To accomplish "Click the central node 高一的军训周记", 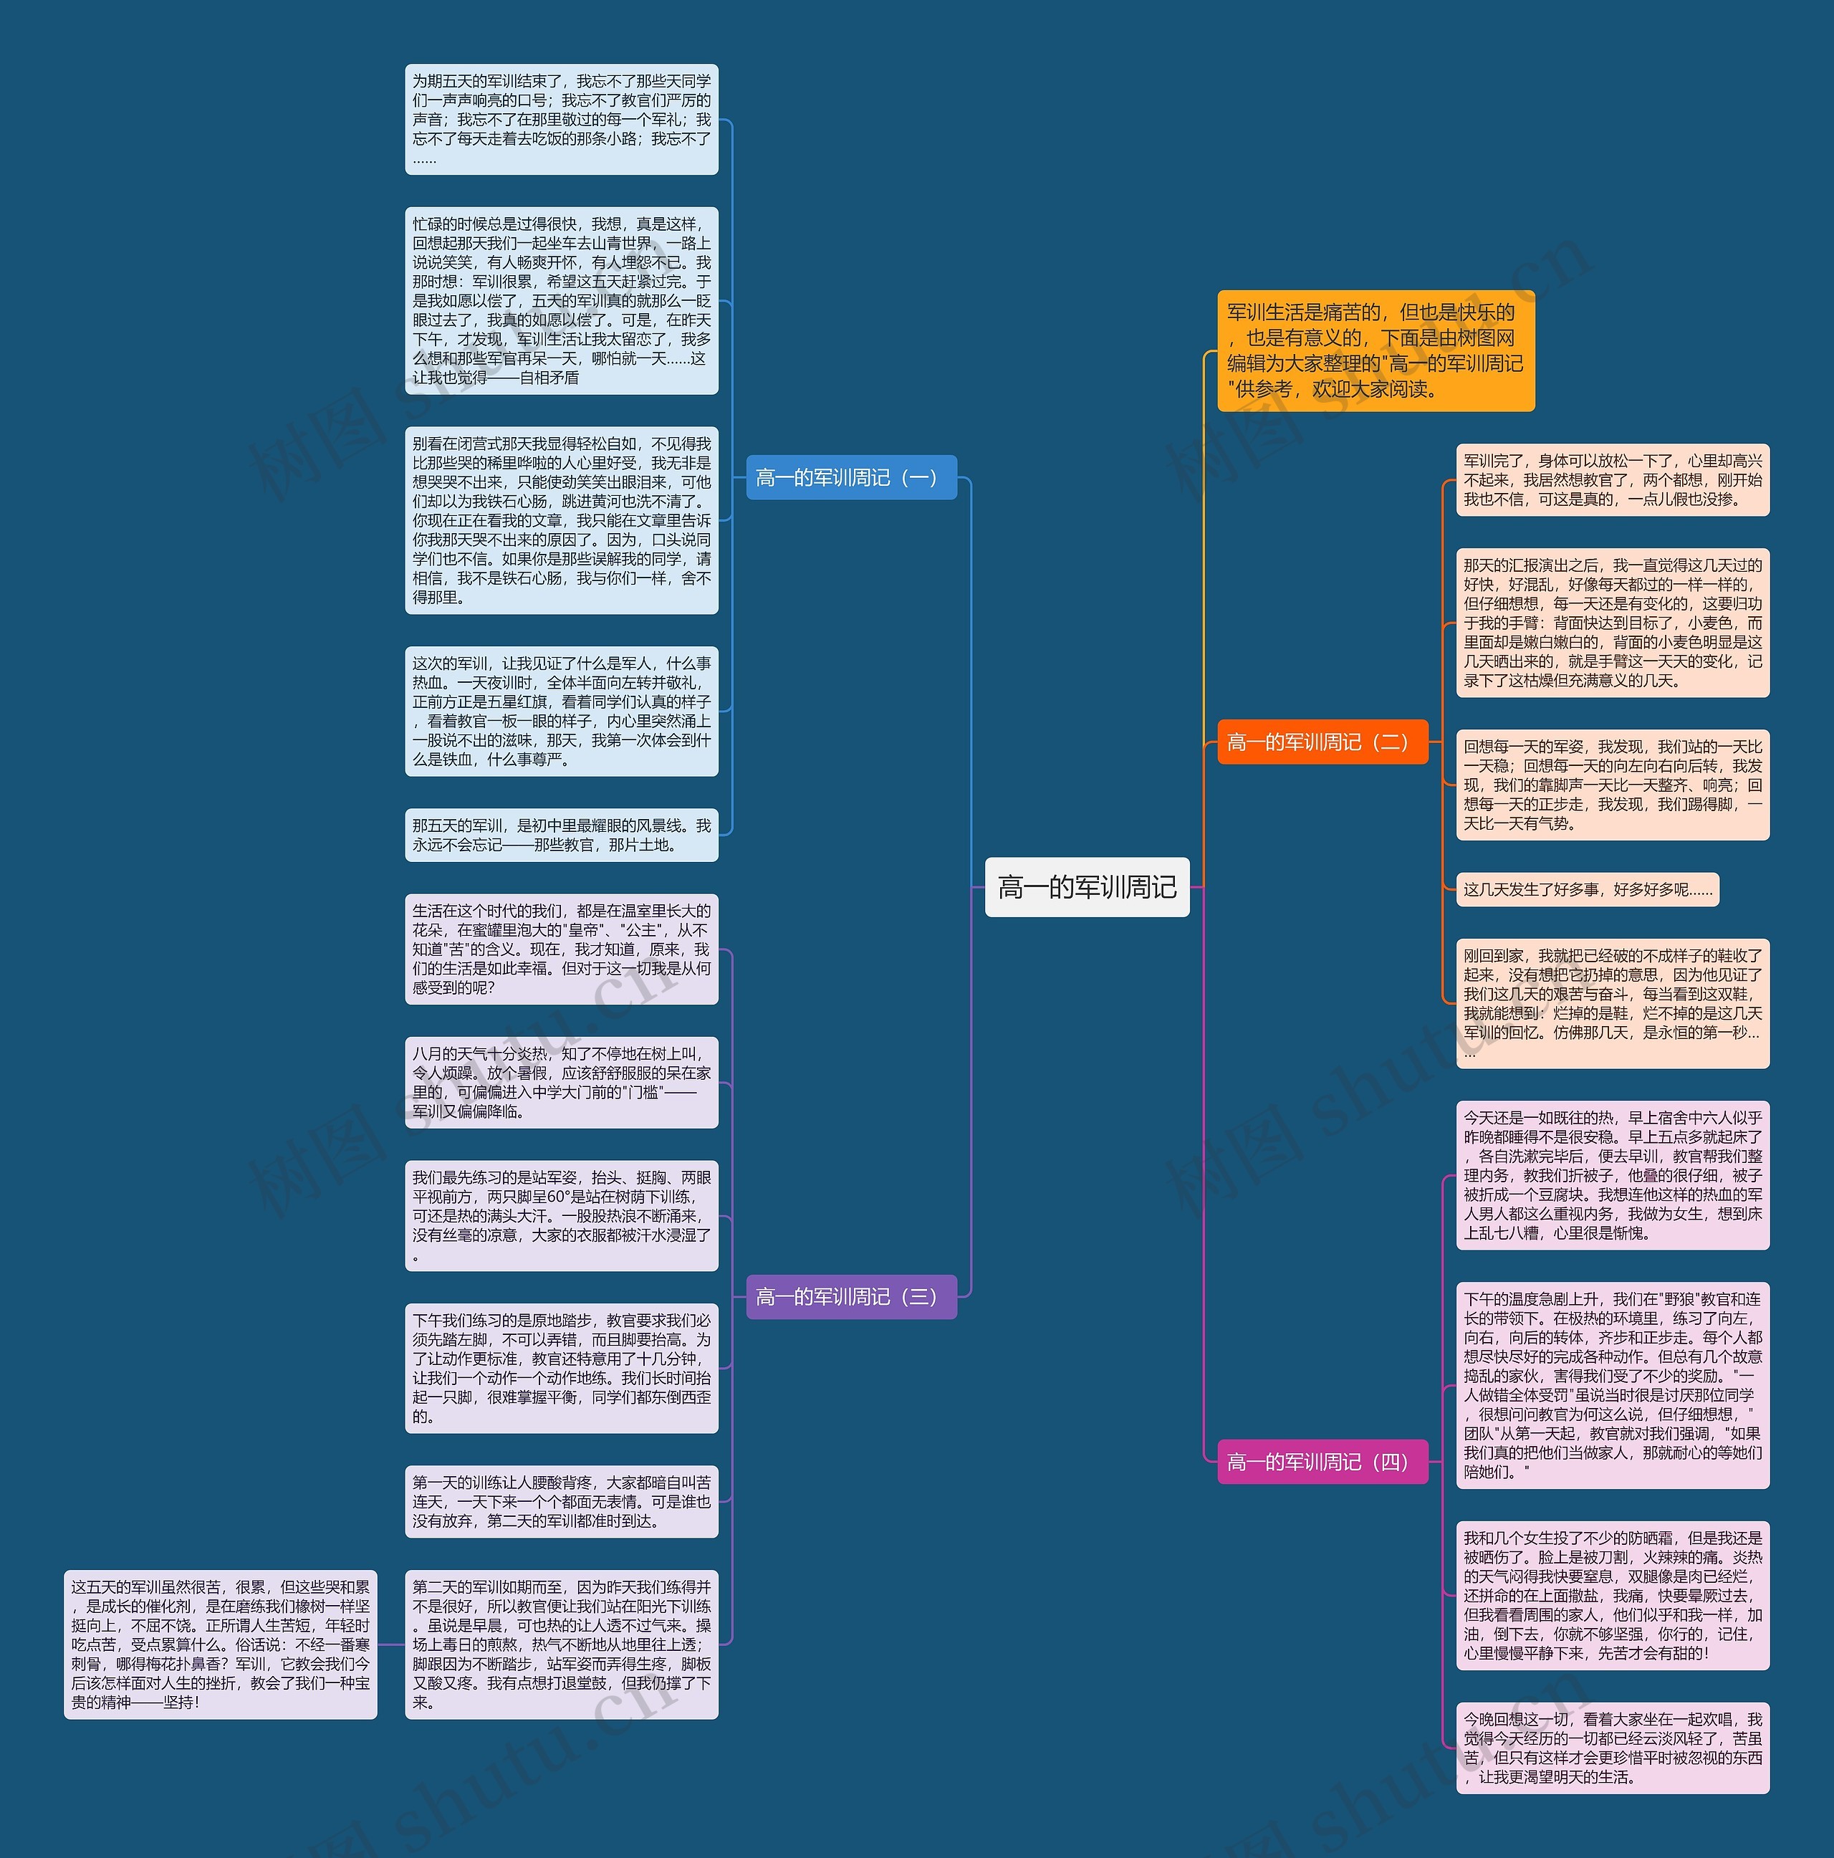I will pos(1087,886).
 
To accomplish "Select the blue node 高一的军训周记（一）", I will pos(851,477).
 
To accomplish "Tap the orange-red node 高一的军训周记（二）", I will pos(1322,742).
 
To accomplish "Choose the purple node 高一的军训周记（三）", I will pos(851,1296).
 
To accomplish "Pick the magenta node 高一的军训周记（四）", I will pos(1322,1462).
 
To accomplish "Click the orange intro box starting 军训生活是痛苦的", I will pos(1375,350).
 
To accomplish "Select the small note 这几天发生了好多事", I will pos(1587,889).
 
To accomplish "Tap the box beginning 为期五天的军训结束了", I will pos(562,119).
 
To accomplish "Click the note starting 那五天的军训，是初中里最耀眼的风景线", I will pos(562,835).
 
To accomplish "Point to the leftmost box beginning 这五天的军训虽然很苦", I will pos(220,1644).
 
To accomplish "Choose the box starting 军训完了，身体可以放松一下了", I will pos(1613,480).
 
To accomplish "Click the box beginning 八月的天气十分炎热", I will pos(562,1082).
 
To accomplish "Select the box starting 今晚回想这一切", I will pos(1613,1748).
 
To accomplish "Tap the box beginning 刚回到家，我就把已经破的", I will pos(1613,1003).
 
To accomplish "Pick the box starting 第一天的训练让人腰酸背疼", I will pos(562,1501).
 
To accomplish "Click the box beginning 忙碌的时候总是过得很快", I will pos(562,300).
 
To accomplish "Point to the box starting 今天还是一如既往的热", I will pos(1613,1175).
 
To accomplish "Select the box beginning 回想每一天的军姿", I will pos(1613,785).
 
